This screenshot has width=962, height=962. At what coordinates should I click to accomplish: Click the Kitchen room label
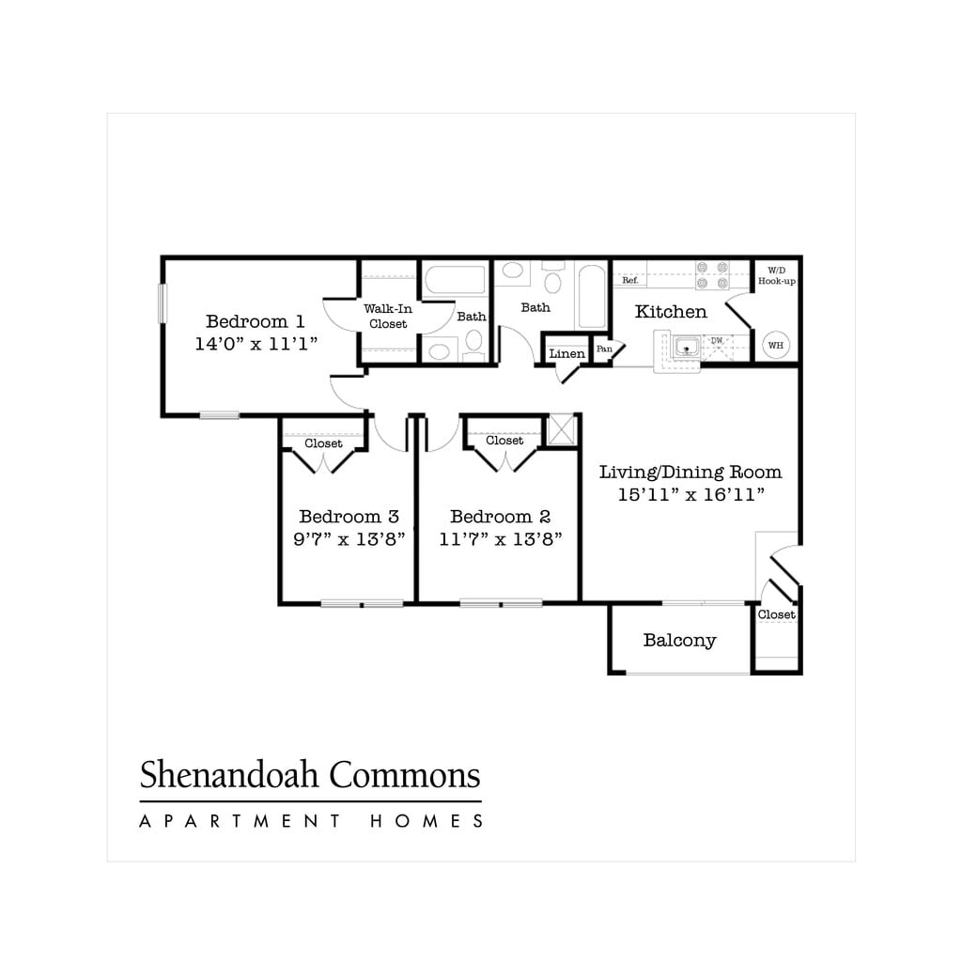tap(671, 312)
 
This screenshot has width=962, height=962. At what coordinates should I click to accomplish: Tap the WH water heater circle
tap(776, 346)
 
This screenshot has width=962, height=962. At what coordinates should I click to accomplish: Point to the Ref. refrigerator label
tap(630, 280)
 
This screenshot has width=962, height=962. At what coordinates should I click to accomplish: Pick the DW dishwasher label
tap(717, 341)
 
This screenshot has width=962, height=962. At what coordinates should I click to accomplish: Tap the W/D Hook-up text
tap(777, 275)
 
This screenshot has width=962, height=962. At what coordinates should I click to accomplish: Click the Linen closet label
tap(566, 354)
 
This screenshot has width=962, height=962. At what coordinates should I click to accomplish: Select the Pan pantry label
tap(604, 349)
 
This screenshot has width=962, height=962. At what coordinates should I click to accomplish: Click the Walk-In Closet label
tap(388, 316)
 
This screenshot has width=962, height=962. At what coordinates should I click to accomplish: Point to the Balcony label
tap(679, 641)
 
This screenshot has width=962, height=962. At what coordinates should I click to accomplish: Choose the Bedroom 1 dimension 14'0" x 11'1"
tap(256, 344)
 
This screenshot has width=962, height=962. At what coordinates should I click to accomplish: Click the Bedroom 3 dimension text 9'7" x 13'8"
tap(349, 539)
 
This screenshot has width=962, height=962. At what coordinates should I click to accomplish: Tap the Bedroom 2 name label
tap(500, 517)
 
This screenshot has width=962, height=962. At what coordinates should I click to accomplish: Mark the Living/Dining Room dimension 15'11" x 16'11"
tap(690, 495)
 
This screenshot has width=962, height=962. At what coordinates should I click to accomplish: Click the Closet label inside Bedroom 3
tap(323, 443)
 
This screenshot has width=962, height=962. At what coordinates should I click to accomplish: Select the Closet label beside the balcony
tap(776, 614)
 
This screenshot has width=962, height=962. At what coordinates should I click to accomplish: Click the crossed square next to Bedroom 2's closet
tap(561, 428)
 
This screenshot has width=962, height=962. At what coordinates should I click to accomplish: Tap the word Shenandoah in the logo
tap(225, 776)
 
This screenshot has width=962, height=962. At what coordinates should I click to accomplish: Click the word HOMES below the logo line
tap(427, 821)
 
